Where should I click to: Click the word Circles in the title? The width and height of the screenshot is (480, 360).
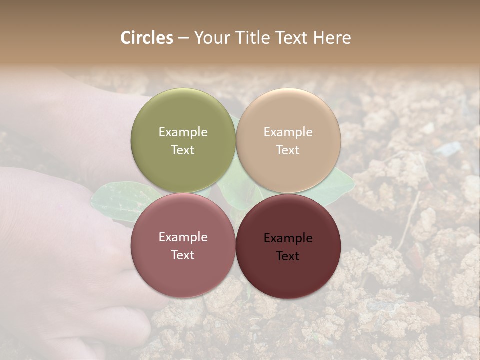147,38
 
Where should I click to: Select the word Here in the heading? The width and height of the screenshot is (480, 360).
332,38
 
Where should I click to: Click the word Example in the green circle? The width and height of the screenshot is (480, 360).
183,132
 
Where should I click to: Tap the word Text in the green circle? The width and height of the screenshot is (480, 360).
183,150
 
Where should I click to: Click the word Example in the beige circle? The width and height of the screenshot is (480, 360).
288,132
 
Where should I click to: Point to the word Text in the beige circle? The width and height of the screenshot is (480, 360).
288,150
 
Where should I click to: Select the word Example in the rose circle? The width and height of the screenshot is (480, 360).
183,237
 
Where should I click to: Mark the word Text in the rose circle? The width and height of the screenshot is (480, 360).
183,255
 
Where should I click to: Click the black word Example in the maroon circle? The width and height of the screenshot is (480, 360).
288,238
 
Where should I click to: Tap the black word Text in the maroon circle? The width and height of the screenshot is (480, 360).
288,256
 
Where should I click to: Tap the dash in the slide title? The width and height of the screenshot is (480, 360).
183,38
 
